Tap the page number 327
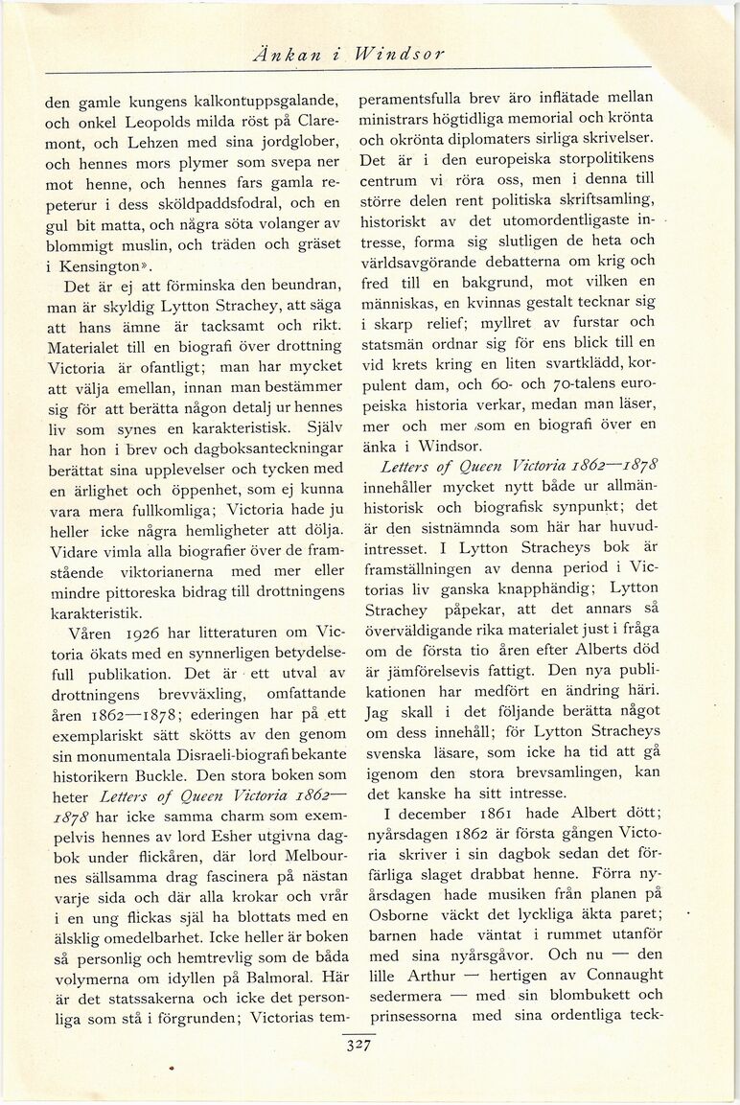coord(358,1046)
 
